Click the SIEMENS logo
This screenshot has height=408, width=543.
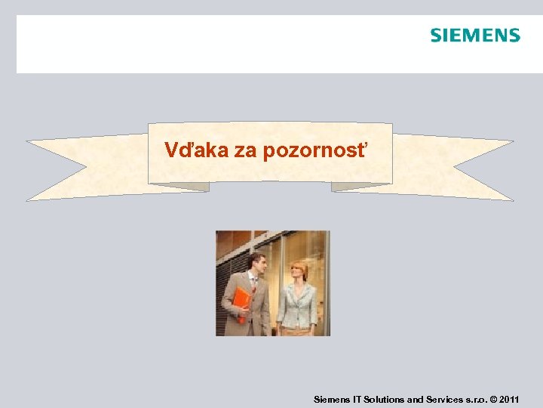(475, 36)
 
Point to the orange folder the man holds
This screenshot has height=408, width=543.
(241, 301)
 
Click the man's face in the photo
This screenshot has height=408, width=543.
(256, 265)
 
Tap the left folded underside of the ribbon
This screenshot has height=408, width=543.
(181, 187)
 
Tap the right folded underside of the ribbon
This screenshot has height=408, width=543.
(360, 187)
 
